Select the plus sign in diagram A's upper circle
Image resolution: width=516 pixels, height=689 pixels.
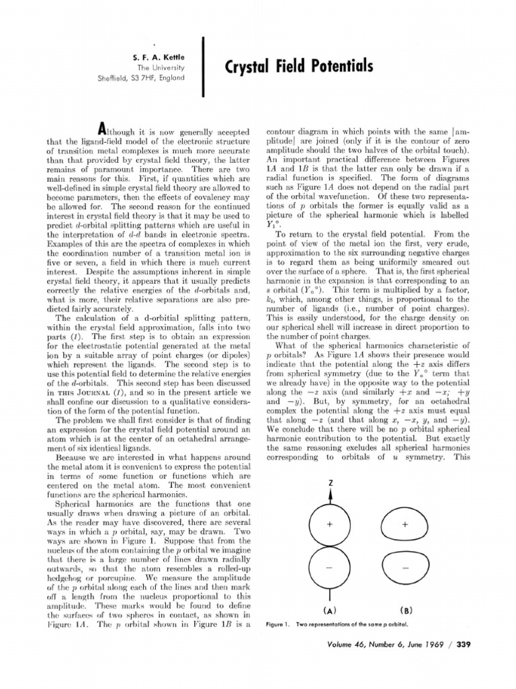click(331, 523)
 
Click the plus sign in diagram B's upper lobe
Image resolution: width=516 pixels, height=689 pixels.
click(405, 523)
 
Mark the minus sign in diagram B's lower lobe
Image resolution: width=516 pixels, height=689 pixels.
click(405, 568)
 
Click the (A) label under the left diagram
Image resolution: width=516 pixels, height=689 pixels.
click(331, 611)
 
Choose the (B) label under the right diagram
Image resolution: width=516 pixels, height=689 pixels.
click(406, 611)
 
